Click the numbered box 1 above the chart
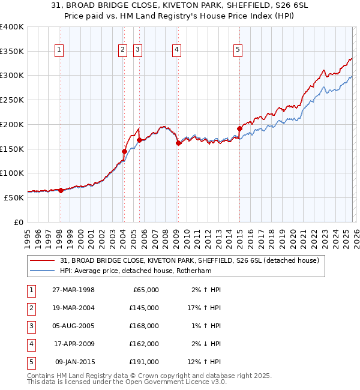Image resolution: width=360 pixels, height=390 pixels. (x=60, y=50)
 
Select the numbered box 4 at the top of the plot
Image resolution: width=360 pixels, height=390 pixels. (x=177, y=50)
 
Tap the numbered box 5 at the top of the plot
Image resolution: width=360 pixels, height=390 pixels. (x=238, y=50)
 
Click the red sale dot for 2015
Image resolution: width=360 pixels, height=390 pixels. (x=239, y=128)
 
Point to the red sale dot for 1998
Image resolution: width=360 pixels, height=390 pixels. (x=61, y=190)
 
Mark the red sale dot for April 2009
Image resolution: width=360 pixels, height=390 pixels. (x=178, y=143)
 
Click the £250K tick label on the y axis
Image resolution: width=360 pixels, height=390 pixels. (x=12, y=100)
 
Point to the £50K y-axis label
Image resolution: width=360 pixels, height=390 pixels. (x=14, y=197)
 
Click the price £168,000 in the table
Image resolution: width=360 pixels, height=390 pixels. (x=145, y=326)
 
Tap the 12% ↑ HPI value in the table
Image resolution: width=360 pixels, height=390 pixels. (x=206, y=362)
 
